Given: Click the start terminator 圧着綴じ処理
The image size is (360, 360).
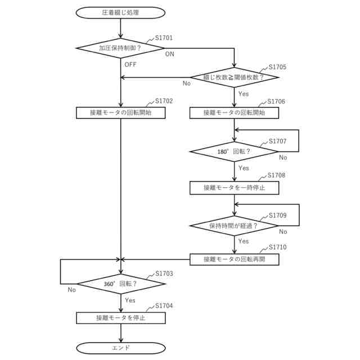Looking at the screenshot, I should [x=121, y=12].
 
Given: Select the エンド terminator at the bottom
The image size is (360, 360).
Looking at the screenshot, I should [x=121, y=348].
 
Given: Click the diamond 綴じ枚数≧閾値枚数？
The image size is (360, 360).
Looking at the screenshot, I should [x=234, y=77].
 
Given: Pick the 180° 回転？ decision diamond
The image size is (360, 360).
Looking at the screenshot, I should [x=234, y=151].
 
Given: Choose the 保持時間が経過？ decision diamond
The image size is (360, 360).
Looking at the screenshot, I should [x=234, y=226].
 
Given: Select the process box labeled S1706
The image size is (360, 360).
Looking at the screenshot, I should [x=234, y=112].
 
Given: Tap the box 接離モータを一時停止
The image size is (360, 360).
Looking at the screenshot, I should [x=234, y=187].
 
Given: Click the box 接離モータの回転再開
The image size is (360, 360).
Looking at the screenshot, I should [x=234, y=260].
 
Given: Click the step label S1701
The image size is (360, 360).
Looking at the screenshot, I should [x=164, y=38].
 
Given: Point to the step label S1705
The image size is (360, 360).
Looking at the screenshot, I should [x=277, y=67].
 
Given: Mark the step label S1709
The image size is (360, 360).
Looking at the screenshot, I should [x=277, y=215].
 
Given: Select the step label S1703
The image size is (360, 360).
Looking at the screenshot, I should [x=164, y=273].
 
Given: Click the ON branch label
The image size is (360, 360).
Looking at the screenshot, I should [x=170, y=55].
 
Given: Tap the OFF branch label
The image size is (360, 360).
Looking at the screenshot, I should [x=130, y=65].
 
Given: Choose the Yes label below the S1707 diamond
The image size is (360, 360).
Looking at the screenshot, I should [x=244, y=168].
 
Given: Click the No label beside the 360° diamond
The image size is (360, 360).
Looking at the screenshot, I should [x=71, y=290].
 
